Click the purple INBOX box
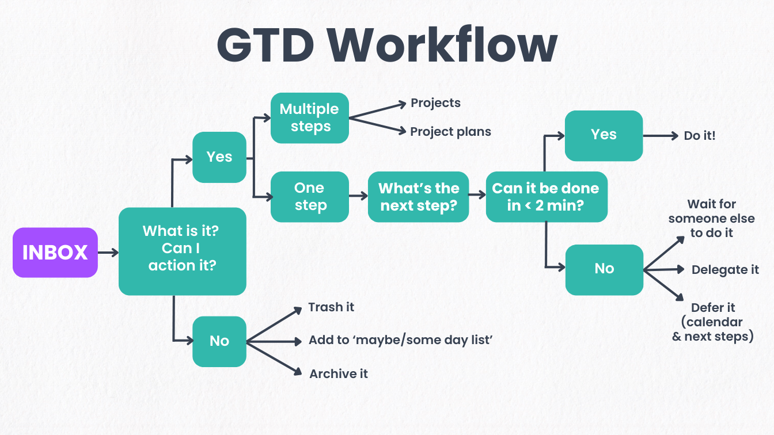tap(55, 253)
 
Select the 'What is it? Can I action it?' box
tap(182, 251)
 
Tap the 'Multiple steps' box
tap(310, 118)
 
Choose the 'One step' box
tap(310, 197)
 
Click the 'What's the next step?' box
tap(418, 197)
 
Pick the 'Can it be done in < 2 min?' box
tap(546, 197)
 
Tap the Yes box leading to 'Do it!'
tap(604, 135)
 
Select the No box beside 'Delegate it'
tap(604, 269)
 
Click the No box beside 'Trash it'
tap(219, 341)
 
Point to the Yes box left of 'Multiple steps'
tap(219, 157)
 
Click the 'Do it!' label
tap(700, 136)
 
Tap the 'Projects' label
tap(435, 103)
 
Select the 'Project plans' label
tap(450, 132)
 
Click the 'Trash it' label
tap(331, 307)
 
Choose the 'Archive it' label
tap(339, 374)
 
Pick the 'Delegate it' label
tap(725, 270)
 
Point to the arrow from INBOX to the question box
tap(108, 253)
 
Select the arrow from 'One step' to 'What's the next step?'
tap(358, 196)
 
